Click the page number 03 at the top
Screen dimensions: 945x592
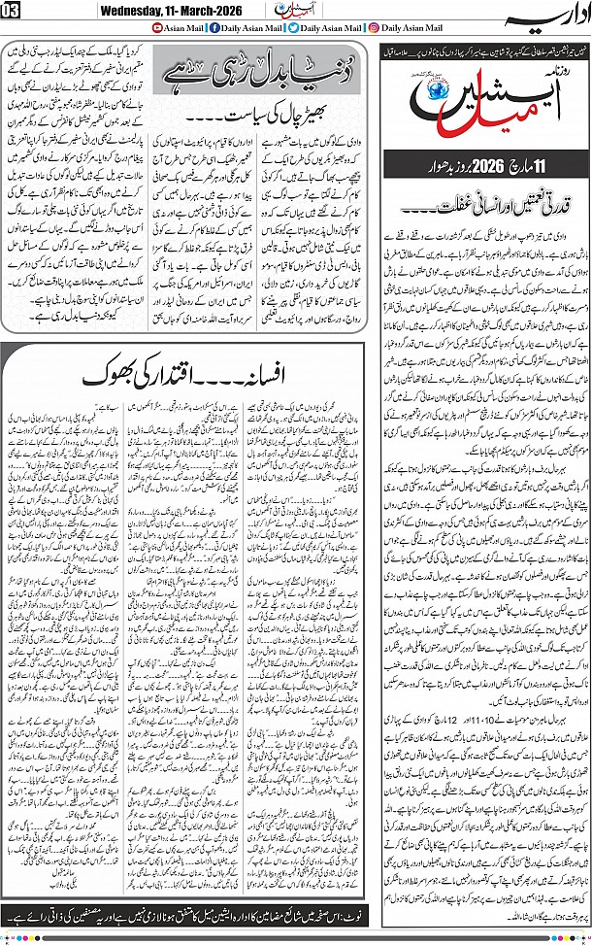(13, 11)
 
